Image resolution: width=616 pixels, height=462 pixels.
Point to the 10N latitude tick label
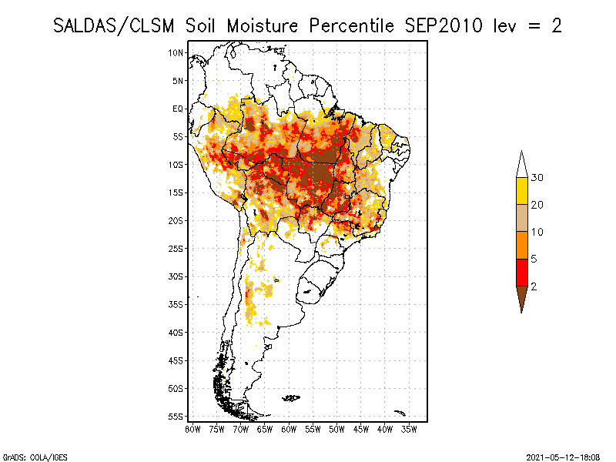176,52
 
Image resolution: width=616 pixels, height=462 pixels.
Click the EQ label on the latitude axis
178,109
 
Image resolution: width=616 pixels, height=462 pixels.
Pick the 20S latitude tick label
176,220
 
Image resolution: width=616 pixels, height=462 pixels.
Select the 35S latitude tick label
176,304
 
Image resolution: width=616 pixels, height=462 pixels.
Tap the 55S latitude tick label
176,416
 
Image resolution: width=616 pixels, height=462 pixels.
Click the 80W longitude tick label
193,429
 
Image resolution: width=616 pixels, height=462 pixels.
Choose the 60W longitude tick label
289,429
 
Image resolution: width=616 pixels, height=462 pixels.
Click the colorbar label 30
537,178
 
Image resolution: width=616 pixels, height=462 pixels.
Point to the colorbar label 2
534,286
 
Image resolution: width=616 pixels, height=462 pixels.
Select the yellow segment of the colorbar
522,191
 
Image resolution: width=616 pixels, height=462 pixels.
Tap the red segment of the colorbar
522,272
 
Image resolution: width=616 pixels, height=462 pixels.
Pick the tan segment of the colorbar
522,218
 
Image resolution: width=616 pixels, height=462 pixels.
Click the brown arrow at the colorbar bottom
522,296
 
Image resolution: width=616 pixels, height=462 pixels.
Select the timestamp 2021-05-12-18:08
563,457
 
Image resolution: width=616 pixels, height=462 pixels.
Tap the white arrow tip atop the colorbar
522,164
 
